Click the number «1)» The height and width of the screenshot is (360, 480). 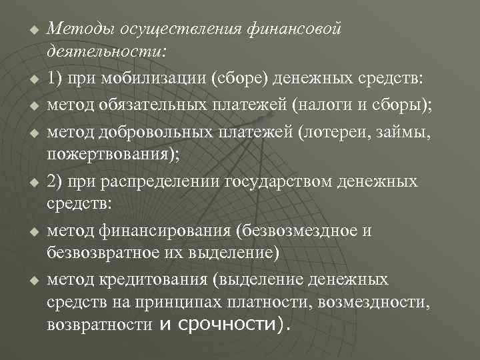tap(56, 77)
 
